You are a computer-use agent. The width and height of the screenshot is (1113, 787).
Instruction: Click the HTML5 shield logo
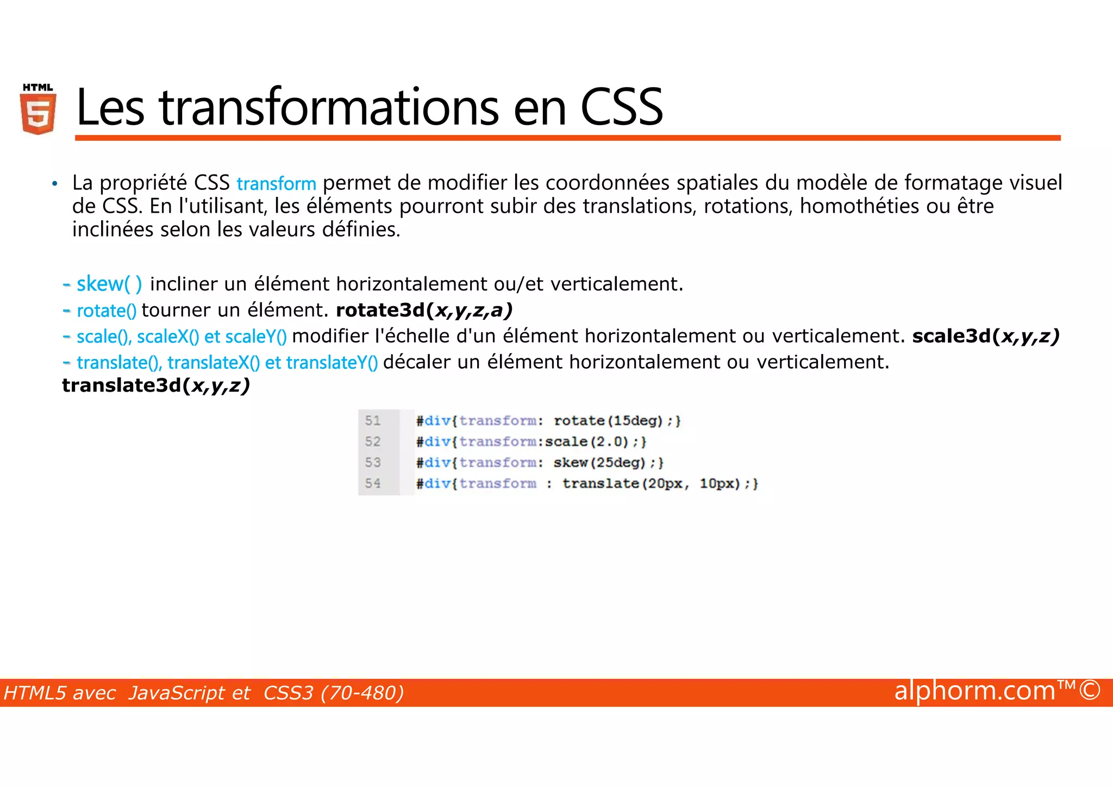(x=38, y=109)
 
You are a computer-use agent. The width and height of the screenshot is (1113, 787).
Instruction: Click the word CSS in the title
(x=621, y=107)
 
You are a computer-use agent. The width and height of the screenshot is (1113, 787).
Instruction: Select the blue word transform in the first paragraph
(x=276, y=184)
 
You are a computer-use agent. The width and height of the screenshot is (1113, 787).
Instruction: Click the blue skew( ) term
(x=109, y=284)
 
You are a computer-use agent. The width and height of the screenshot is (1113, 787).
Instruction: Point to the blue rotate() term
(x=107, y=311)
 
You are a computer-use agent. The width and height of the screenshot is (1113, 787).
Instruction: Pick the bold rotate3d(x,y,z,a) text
(x=424, y=310)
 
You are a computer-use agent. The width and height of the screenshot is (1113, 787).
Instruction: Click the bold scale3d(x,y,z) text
(x=985, y=336)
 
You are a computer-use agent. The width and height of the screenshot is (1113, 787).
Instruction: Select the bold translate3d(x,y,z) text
(x=155, y=385)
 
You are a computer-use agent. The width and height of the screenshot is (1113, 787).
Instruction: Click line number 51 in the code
(x=373, y=420)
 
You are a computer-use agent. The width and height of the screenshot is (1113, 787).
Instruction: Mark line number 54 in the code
(x=373, y=483)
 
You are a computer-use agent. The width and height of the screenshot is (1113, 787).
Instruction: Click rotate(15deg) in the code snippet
(x=608, y=420)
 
